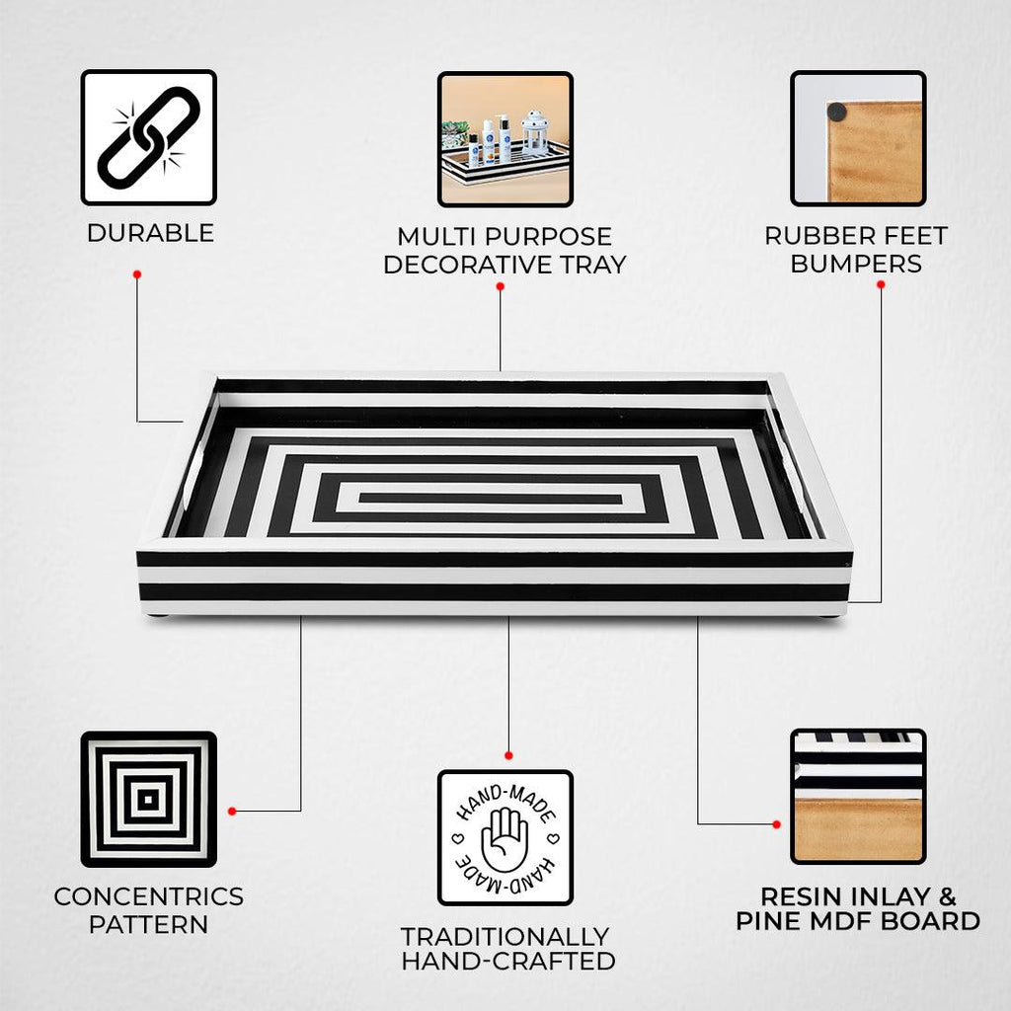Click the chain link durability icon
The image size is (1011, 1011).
point(148,137)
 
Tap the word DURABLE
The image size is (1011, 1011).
point(150,233)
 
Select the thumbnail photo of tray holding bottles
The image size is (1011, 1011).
point(505,138)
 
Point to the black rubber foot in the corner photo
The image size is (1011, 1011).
point(837,113)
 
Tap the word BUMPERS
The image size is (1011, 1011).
point(856,264)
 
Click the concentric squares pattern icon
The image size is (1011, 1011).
point(148,799)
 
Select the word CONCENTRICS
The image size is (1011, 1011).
point(149,896)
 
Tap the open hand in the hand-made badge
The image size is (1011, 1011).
point(505,839)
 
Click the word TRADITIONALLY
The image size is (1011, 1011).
point(505,936)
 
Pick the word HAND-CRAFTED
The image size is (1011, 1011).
point(508,961)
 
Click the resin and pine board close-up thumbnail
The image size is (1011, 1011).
point(858,797)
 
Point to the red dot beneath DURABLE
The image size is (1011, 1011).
point(136,274)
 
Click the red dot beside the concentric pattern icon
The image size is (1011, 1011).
point(232,812)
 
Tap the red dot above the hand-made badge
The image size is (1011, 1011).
point(508,755)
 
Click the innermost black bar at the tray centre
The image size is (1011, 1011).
point(491,499)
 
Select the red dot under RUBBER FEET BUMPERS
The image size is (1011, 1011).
point(881,284)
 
